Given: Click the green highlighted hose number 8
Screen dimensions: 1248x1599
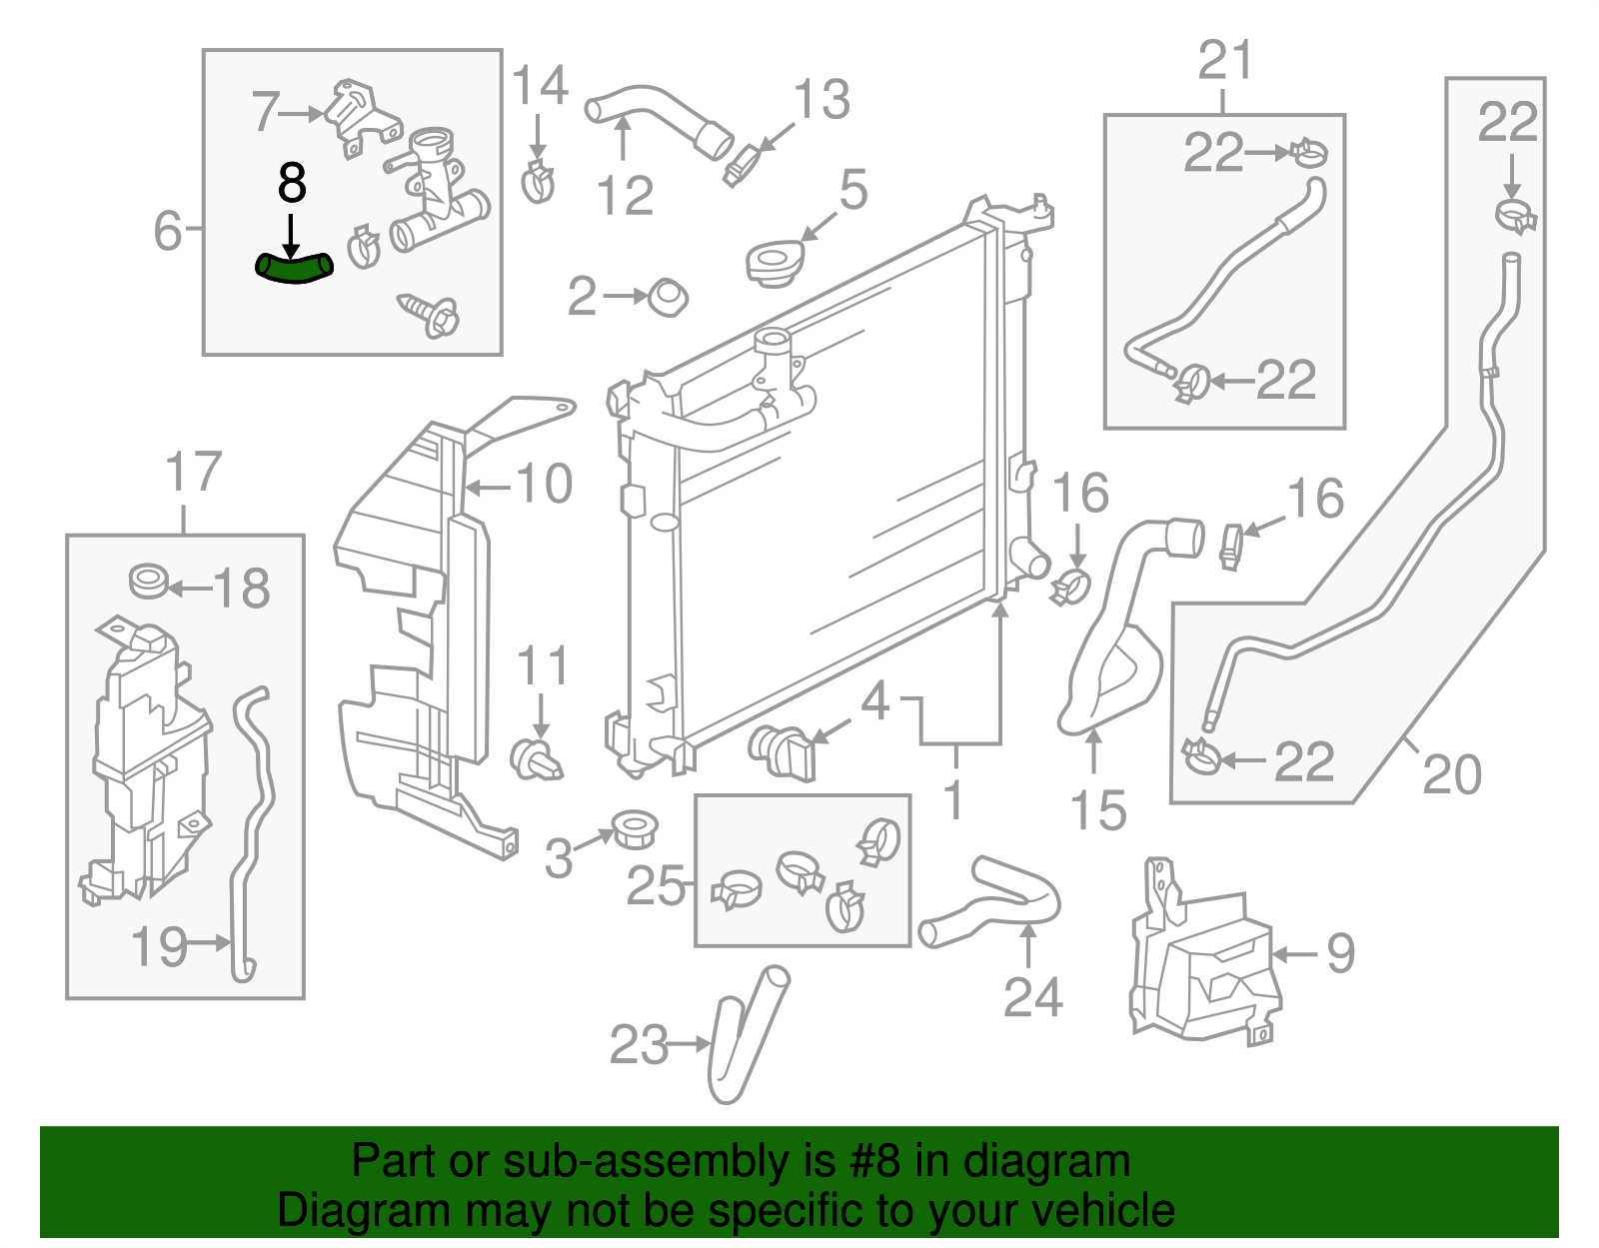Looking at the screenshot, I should tap(293, 268).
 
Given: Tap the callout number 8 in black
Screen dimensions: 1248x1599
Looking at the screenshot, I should tap(291, 184).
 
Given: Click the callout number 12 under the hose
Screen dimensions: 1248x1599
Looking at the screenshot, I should tap(625, 195).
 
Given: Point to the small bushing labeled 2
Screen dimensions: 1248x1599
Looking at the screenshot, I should tap(669, 297).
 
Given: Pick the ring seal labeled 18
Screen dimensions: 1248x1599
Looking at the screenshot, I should tap(149, 581).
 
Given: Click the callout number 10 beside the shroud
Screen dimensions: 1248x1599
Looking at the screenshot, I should tap(545, 485).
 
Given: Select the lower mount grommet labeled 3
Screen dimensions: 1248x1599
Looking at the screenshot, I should tap(634, 828).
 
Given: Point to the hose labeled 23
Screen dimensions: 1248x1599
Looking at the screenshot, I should tap(745, 1034).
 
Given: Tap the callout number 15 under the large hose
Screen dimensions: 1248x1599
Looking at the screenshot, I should tap(1097, 810).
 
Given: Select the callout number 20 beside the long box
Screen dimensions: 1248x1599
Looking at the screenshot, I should tap(1451, 774).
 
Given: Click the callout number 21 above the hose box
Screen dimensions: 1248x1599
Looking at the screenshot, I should tap(1225, 62).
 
